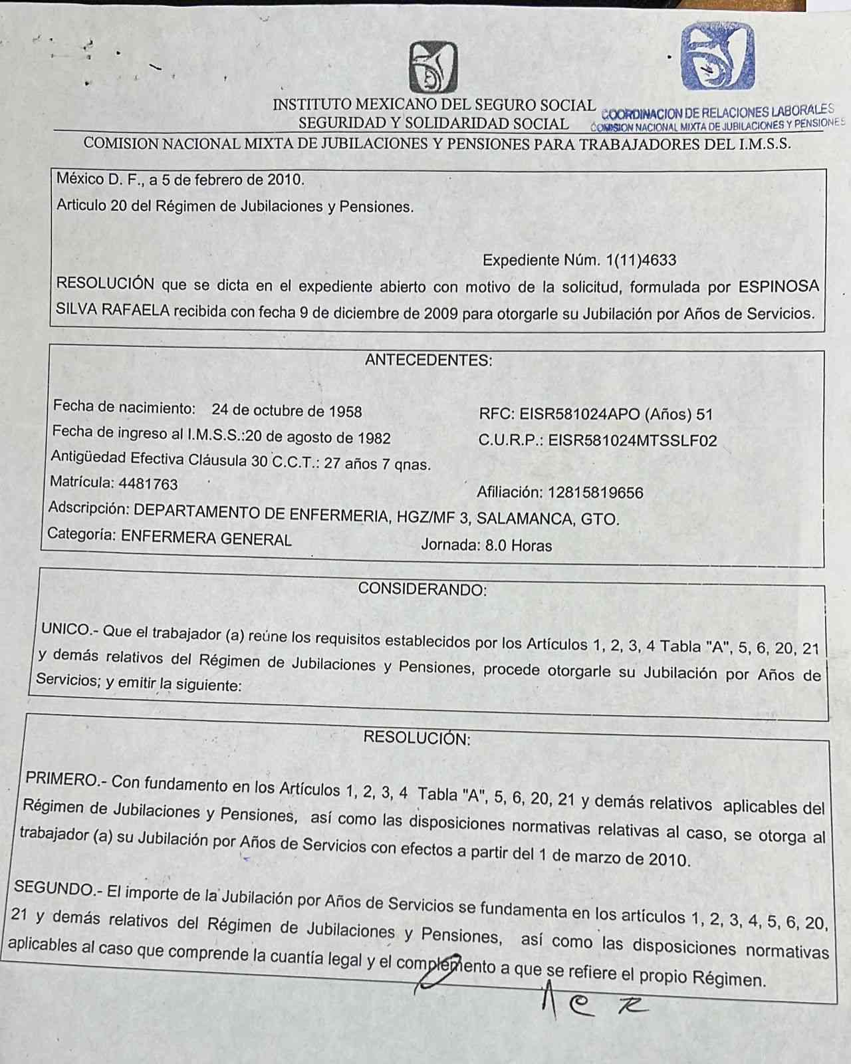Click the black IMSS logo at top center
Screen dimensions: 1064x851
433,67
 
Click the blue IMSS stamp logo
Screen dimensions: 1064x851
718,57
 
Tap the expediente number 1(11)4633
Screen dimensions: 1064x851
641,260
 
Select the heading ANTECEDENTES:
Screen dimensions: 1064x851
429,360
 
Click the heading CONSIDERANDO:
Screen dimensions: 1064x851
422,589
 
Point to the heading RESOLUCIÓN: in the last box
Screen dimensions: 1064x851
417,737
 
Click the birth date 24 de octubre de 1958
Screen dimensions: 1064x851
287,410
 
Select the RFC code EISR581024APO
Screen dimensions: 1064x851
580,414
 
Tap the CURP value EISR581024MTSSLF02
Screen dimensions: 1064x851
632,440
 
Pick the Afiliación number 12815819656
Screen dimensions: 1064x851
595,493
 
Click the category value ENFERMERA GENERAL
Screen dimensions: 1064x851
206,539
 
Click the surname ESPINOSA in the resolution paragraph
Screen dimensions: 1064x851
779,287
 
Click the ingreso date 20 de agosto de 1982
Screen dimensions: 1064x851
318,437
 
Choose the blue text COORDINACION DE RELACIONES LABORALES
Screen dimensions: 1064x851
717,112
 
